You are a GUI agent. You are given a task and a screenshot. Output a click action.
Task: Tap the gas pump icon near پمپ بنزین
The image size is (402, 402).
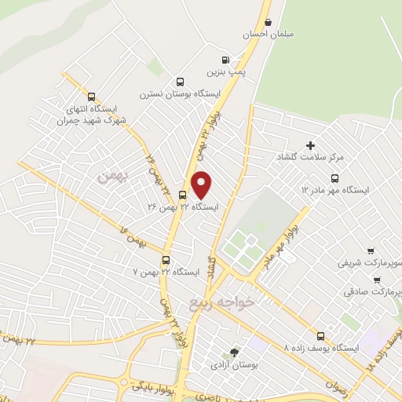pyautogui.click(x=227, y=60)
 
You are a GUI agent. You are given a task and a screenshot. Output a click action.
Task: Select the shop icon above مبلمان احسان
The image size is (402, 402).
pyautogui.click(x=270, y=24)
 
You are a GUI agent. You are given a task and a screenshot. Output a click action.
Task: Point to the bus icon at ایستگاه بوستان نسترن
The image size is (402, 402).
pyautogui.click(x=181, y=82)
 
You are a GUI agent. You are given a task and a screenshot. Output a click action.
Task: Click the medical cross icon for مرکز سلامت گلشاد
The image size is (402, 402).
pyautogui.click(x=310, y=144)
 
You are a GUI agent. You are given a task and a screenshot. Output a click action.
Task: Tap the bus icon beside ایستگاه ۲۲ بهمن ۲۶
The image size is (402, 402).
pyautogui.click(x=182, y=196)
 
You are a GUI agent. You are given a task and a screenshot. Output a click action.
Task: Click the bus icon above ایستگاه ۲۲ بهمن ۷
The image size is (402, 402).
pyautogui.click(x=166, y=260)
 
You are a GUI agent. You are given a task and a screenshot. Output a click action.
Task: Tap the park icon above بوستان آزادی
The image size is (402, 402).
pyautogui.click(x=233, y=353)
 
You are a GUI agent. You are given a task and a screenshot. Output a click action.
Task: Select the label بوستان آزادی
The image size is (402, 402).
pyautogui.click(x=230, y=365)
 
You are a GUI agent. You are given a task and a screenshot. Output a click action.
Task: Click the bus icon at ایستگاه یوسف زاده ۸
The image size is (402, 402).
pyautogui.click(x=320, y=335)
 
